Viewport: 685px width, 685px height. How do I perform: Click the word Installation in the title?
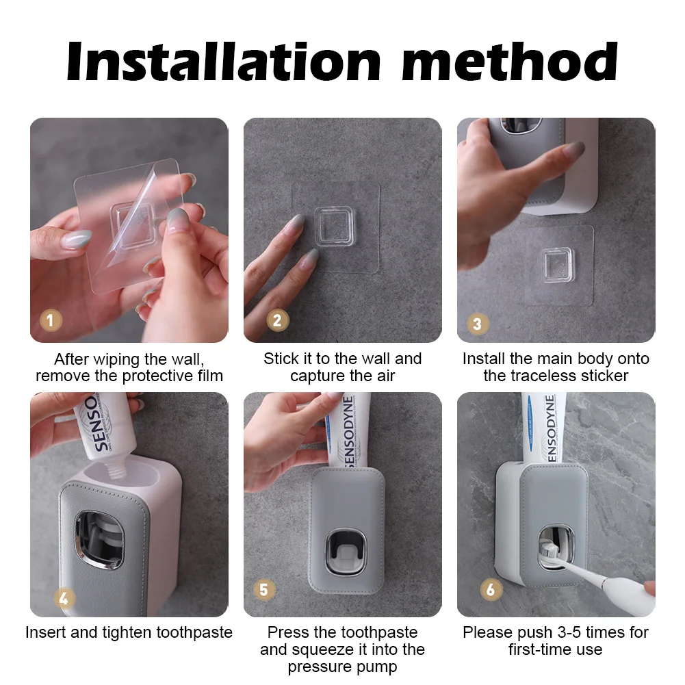(x=224, y=62)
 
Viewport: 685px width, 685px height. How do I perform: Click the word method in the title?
(x=509, y=62)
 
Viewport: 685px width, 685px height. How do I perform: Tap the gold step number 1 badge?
(x=51, y=320)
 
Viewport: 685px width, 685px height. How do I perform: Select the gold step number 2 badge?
(x=277, y=320)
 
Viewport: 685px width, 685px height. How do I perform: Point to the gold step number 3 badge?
(x=478, y=324)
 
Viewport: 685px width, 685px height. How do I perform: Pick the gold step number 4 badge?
(x=64, y=599)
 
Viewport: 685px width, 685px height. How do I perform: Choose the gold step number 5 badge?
(x=264, y=589)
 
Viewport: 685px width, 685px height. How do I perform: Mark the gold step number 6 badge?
(x=491, y=589)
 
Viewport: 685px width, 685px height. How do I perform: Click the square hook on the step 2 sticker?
(x=334, y=227)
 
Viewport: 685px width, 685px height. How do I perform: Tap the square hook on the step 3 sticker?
(x=557, y=265)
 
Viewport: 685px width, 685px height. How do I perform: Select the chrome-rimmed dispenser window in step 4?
(x=100, y=540)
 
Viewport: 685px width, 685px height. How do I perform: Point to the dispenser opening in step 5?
(x=346, y=553)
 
